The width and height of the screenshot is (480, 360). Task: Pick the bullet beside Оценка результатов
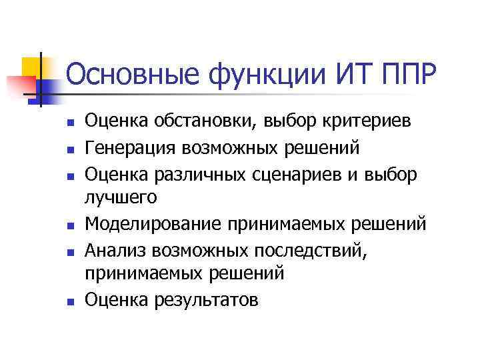69,301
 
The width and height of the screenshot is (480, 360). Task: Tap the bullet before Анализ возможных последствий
69,250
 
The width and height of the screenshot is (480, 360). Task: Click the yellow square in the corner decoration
33,67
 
